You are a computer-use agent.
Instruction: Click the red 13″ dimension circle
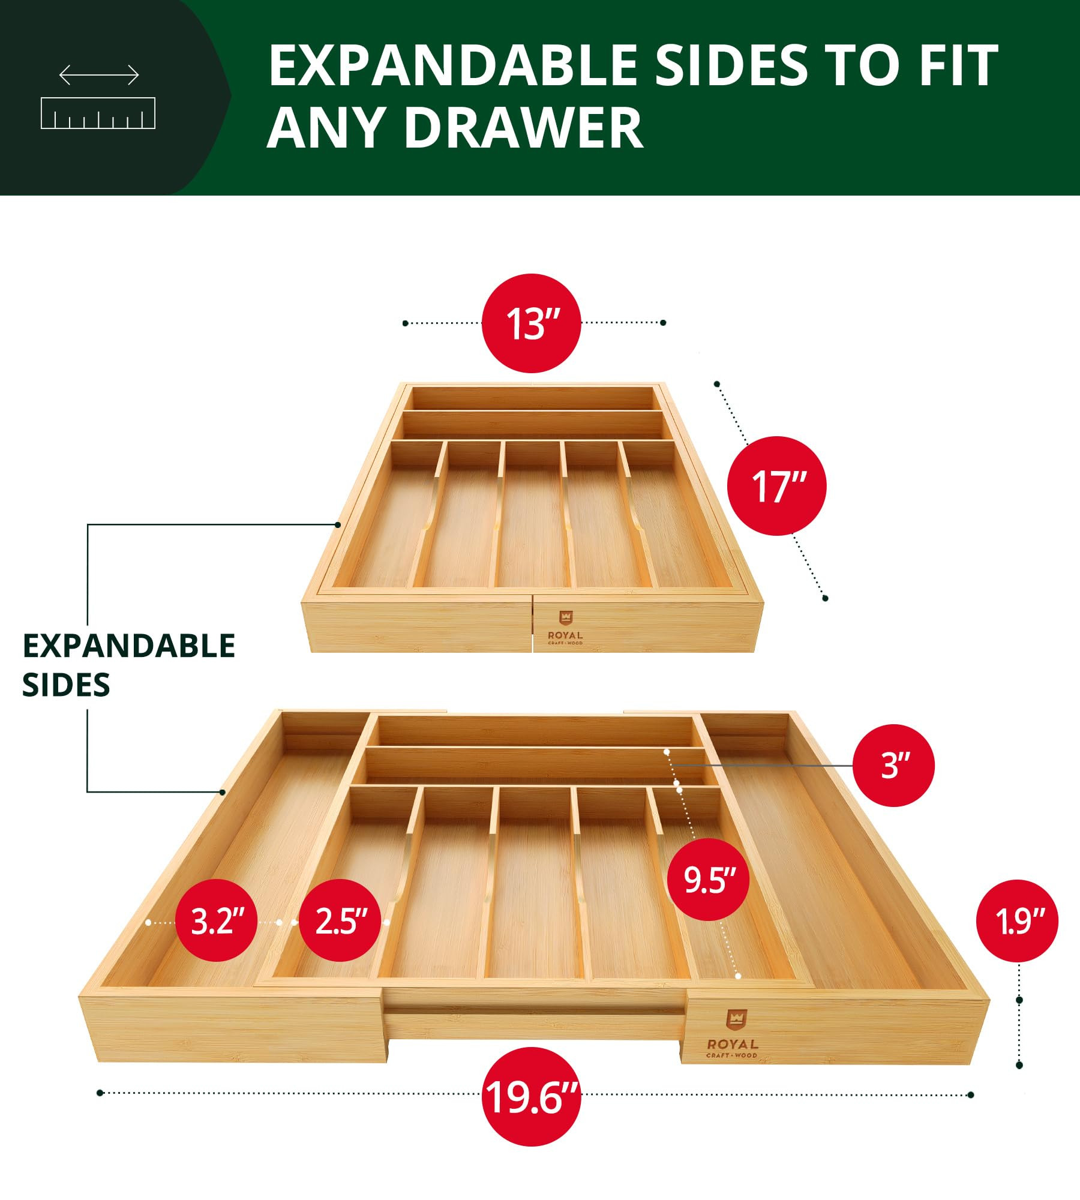[532, 323]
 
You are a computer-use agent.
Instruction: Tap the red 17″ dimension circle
[776, 485]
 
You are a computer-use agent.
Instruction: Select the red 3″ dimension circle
[893, 766]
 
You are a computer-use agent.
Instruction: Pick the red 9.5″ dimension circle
[709, 880]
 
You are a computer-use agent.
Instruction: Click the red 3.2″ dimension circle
[217, 920]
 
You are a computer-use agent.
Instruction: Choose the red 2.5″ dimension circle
[340, 920]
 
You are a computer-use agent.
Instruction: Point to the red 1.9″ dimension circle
[1017, 921]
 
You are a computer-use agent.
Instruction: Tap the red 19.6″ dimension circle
[532, 1097]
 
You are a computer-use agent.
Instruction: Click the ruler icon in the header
[98, 113]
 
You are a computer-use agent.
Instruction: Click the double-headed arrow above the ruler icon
[99, 75]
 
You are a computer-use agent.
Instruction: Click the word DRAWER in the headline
[523, 128]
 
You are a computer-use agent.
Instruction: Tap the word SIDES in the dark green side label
[66, 685]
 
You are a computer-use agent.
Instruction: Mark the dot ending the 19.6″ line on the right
[971, 1095]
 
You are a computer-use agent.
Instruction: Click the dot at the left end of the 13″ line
[405, 323]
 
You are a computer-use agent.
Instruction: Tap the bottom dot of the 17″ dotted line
[825, 598]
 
